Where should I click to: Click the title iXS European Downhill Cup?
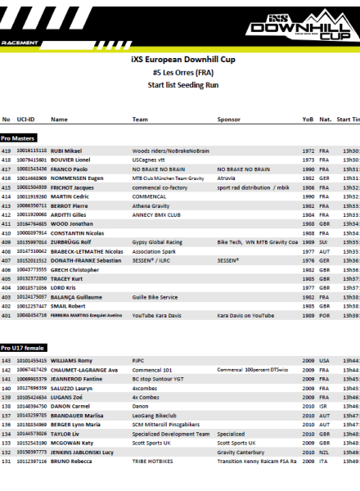(179, 61)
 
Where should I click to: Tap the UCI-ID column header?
(25, 119)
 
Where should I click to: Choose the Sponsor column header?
(228, 119)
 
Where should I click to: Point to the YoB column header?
(308, 119)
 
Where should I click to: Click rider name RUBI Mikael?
(66, 151)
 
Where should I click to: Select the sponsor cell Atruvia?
(227, 178)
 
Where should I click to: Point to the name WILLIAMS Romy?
(72, 361)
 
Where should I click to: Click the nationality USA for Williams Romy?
(325, 361)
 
